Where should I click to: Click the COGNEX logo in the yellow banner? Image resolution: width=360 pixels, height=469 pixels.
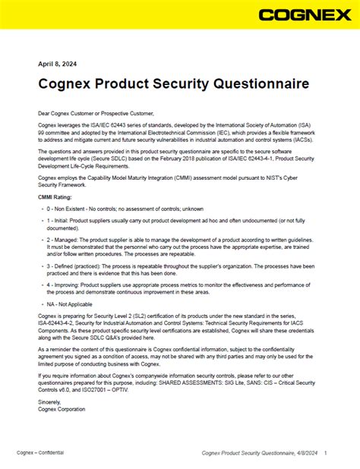[302, 15]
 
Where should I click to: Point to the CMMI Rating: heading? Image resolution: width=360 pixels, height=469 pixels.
[56, 197]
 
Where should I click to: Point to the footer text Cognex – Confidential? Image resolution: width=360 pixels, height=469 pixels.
[40, 452]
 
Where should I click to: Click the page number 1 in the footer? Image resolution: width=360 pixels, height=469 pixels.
[325, 453]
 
